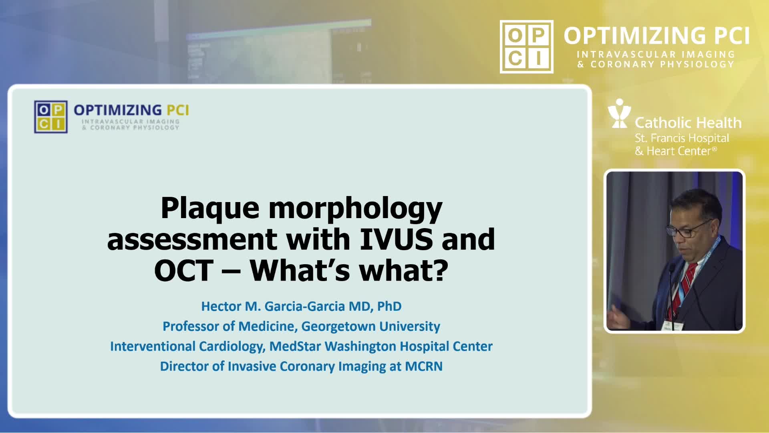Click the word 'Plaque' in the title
tap(210, 208)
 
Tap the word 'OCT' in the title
tap(184, 270)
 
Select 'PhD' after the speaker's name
tap(389, 306)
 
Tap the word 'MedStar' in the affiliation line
tap(293, 346)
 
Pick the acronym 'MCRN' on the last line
tap(424, 366)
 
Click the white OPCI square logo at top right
tap(527, 47)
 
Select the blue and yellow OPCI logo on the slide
tap(51, 117)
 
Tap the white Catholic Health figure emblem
tap(619, 113)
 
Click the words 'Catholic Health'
tap(688, 122)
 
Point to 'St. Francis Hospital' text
tap(682, 138)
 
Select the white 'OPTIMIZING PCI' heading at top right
tap(656, 36)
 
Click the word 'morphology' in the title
tap(355, 208)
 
